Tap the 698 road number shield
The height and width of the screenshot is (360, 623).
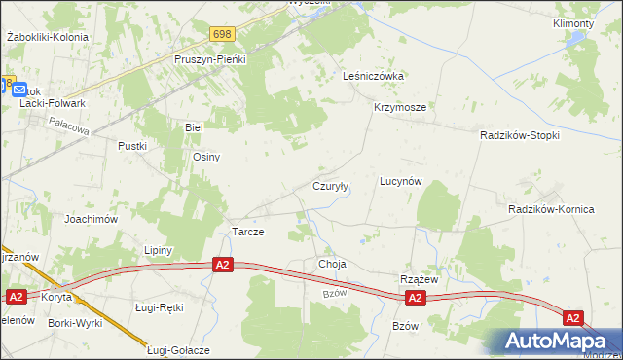pyautogui.click(x=221, y=34)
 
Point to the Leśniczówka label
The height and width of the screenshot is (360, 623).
pyautogui.click(x=374, y=75)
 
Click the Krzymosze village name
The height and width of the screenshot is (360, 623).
pyautogui.click(x=399, y=108)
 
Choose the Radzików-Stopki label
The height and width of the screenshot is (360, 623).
pyautogui.click(x=520, y=135)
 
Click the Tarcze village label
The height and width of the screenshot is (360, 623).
pyautogui.click(x=248, y=233)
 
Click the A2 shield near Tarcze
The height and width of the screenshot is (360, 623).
pyautogui.click(x=223, y=265)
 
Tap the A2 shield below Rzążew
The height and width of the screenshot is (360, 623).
pyautogui.click(x=415, y=298)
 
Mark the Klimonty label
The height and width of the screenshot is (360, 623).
pyautogui.click(x=572, y=23)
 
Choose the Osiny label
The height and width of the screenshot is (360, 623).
pyautogui.click(x=206, y=157)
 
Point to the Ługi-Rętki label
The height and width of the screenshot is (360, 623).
pyautogui.click(x=160, y=307)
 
